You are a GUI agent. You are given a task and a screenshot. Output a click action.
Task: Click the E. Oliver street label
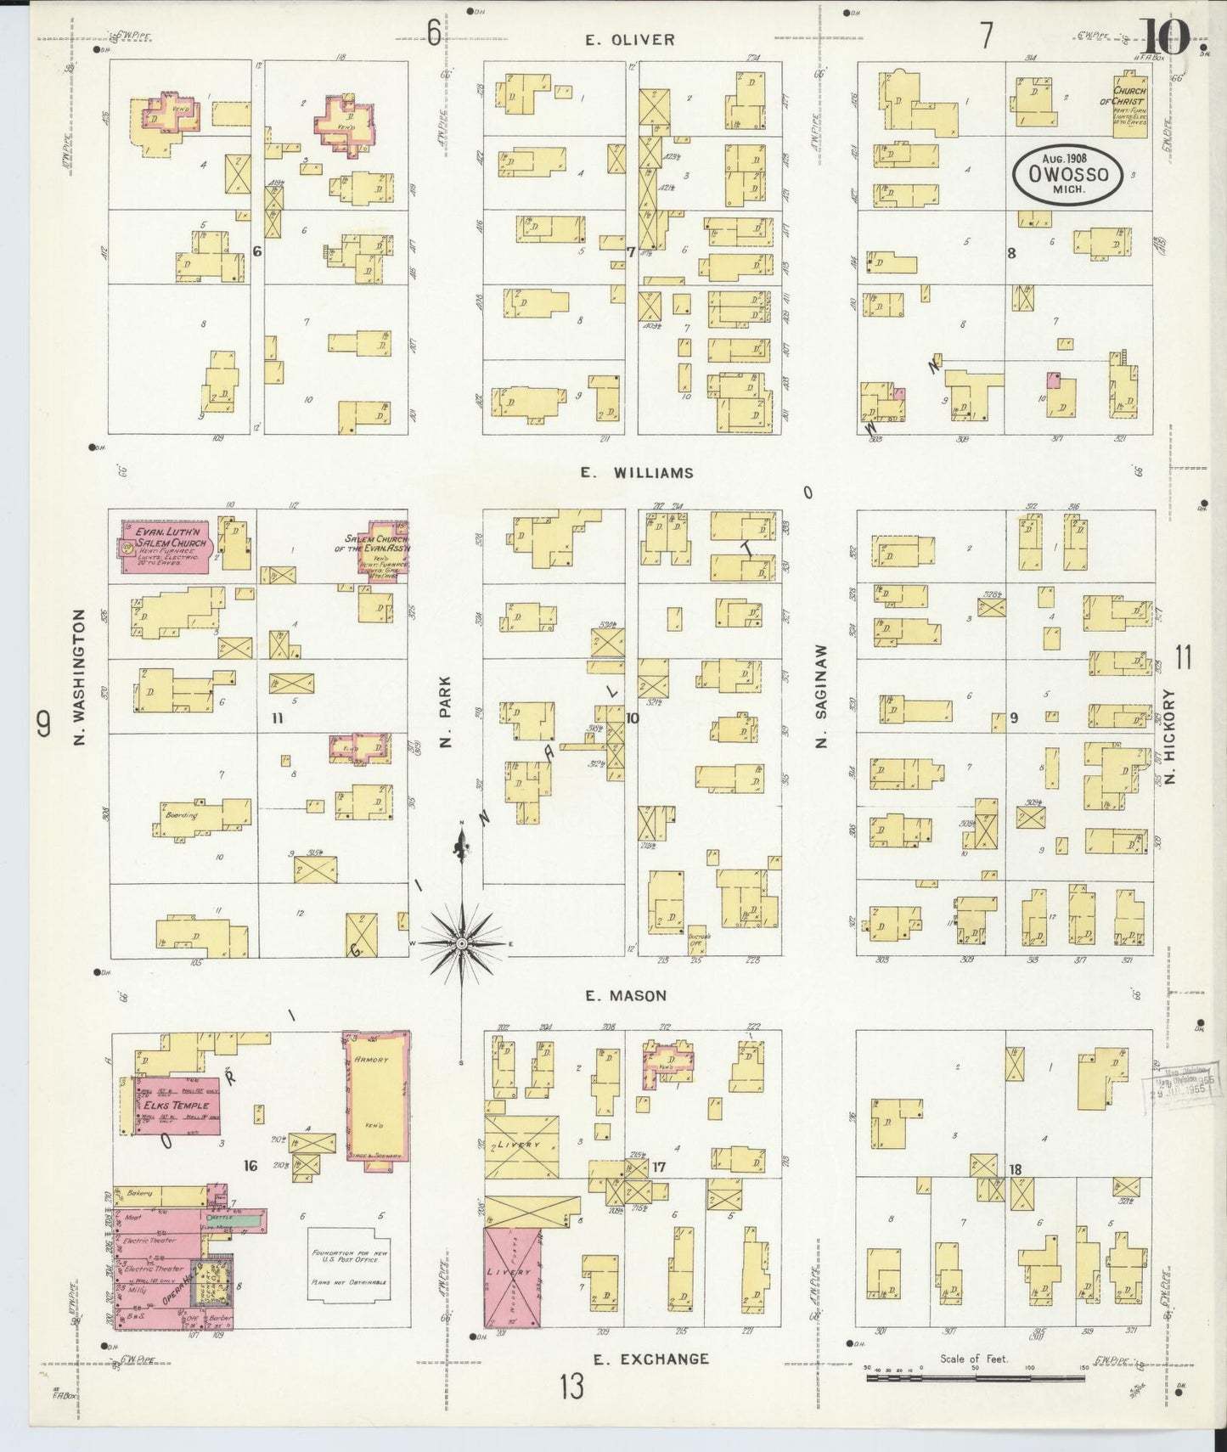click(x=629, y=40)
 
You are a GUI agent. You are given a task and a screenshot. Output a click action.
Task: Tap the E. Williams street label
click(x=637, y=473)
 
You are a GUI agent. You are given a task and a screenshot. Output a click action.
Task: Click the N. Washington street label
click(x=80, y=678)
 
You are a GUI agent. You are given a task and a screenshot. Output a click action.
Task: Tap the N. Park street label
click(x=445, y=711)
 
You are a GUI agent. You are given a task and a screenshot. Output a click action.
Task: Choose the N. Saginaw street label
click(x=820, y=696)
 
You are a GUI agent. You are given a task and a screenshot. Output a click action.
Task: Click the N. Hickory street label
click(x=1169, y=735)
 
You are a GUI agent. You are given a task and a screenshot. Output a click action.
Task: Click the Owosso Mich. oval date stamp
click(x=1068, y=174)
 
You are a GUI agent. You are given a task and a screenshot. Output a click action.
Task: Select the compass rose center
click(x=461, y=944)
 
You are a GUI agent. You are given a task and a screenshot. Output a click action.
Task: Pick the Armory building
click(x=376, y=1100)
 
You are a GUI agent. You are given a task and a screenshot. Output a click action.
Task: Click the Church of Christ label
click(x=1129, y=96)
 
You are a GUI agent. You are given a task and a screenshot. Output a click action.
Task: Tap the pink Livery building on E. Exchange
click(x=512, y=1278)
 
